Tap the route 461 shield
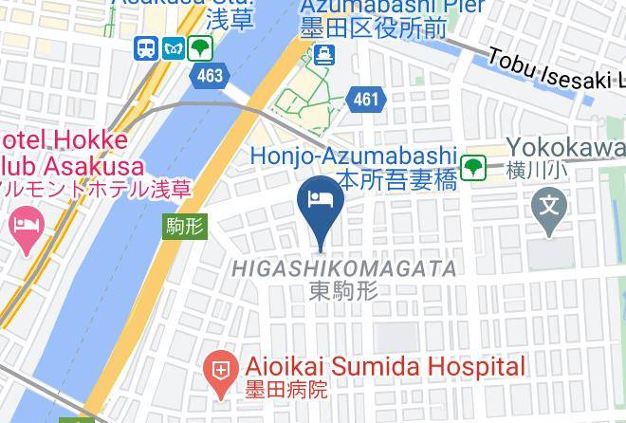pos(366,98)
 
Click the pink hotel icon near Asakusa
pos(26,226)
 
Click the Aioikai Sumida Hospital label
pos(384,366)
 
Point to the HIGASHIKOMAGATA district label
pos(344,269)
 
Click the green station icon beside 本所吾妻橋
pos(473,168)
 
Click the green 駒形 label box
pos(184,226)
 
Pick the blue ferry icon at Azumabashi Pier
pos(325,54)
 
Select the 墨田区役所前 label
pos(374,30)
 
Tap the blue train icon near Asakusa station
pos(146,47)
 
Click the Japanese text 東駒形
pos(343,291)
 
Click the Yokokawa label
pos(566,147)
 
